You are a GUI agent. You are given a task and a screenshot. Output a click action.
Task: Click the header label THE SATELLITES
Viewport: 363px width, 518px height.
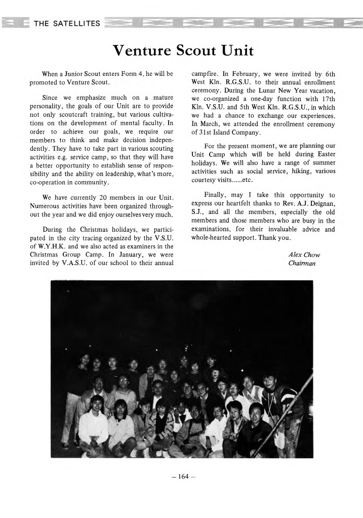pos(66,23)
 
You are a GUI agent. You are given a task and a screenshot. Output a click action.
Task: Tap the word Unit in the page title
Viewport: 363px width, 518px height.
pos(236,51)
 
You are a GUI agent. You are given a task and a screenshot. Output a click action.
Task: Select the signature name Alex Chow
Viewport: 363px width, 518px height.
pos(304,254)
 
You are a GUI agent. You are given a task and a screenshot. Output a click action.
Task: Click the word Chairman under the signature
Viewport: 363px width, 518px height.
pos(302,263)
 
